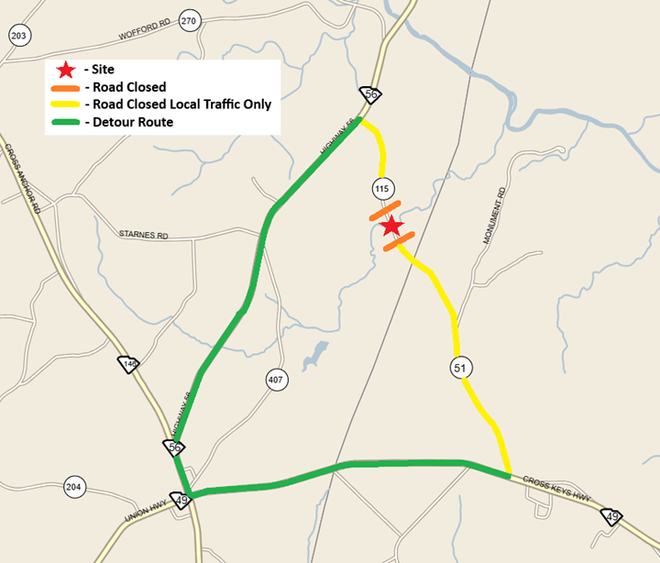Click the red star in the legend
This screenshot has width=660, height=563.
[66, 70]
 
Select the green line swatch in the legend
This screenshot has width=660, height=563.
[66, 121]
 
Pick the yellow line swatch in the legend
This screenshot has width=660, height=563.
[66, 104]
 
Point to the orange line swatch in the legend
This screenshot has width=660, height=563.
[66, 87]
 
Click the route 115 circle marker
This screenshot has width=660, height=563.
[380, 188]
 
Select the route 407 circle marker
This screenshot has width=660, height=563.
[277, 379]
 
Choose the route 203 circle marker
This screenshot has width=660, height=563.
[18, 35]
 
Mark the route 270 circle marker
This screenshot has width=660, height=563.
[189, 19]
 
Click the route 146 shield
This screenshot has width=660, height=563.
[128, 366]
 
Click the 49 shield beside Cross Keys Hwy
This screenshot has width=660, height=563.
[612, 516]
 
